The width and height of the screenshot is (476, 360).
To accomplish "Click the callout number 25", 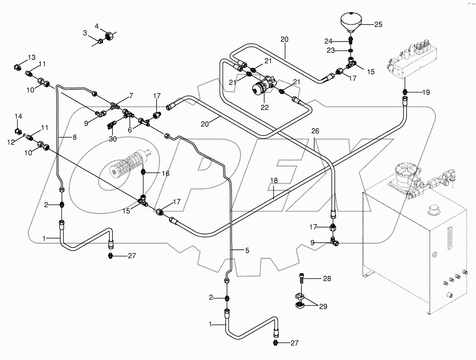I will tap(378, 25).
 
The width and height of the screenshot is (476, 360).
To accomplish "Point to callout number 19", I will tap(425, 92).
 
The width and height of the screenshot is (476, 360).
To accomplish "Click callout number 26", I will tap(315, 131).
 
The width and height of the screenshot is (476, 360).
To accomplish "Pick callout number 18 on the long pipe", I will tap(273, 181).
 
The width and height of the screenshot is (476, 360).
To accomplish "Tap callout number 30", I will tap(113, 139).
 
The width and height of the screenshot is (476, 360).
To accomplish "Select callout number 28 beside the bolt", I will tap(327, 279).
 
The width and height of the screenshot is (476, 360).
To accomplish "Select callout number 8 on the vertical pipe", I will tap(74, 138).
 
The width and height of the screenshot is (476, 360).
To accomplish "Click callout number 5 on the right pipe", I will tap(247, 250).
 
